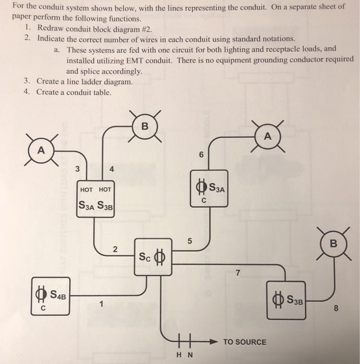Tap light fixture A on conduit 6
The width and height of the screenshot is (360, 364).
click(267, 136)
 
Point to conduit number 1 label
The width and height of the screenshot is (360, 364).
click(102, 304)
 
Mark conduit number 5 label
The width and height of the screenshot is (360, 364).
click(190, 241)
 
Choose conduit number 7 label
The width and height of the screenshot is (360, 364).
click(238, 274)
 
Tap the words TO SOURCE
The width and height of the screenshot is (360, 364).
click(245, 342)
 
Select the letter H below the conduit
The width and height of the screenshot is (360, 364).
click(179, 356)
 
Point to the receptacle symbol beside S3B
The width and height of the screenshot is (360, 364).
click(275, 301)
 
